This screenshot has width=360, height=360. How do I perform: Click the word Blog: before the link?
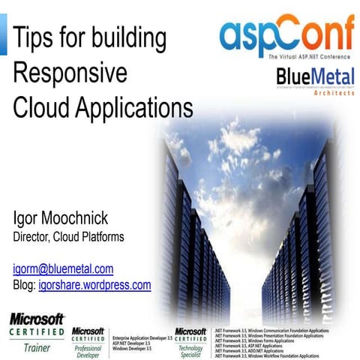coord(25,285)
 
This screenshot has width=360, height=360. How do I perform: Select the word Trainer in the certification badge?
coord(35,349)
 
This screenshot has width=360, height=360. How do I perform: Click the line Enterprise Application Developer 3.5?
coord(142,338)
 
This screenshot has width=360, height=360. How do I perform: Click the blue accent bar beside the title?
coord(3,37)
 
